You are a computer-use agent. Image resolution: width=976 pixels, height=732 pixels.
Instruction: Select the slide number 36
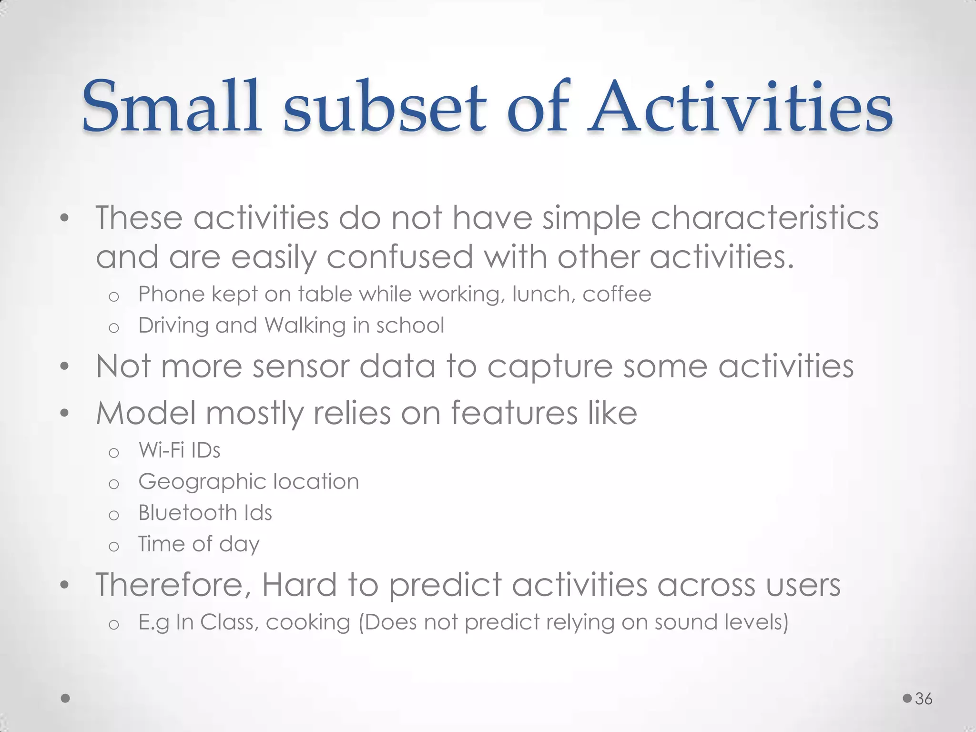pyautogui.click(x=924, y=699)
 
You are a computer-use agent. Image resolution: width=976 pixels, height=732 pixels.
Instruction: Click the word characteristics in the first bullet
pyautogui.click(x=764, y=218)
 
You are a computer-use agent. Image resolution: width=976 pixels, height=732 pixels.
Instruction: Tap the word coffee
pyautogui.click(x=617, y=294)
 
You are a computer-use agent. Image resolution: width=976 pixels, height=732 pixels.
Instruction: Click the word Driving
pyautogui.click(x=173, y=326)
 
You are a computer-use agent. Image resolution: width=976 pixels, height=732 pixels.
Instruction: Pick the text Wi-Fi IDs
pyautogui.click(x=179, y=450)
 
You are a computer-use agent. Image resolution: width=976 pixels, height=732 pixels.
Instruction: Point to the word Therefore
pyautogui.click(x=173, y=585)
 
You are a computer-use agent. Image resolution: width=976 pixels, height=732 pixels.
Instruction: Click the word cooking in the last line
pyautogui.click(x=308, y=623)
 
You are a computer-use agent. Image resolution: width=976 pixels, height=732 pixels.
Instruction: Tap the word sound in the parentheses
pyautogui.click(x=684, y=623)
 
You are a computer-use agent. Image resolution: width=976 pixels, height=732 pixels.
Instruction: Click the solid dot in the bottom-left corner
pyautogui.click(x=66, y=699)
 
